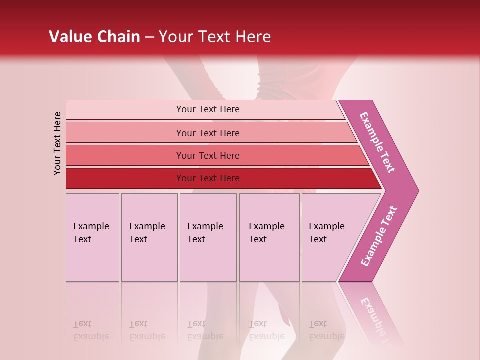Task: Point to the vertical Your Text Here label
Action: coord(57,143)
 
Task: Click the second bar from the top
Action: coord(208,133)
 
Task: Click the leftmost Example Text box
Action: coord(92,237)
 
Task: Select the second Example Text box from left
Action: coord(149,237)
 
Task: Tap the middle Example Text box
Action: coord(208,237)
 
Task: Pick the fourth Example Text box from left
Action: coord(269,237)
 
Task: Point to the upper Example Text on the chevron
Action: coord(377,142)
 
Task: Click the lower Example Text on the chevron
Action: coord(379,236)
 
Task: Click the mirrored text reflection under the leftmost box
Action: coord(91,330)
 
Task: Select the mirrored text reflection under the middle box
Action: coord(205,330)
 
